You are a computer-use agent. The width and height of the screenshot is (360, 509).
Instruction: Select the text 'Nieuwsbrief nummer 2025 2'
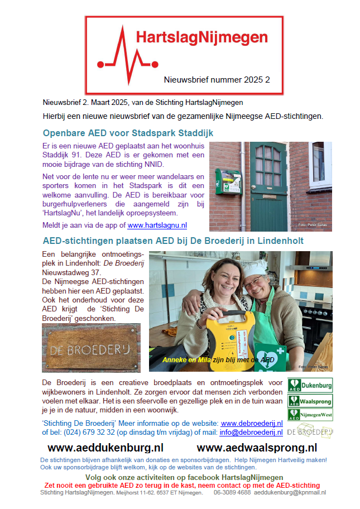[x=217, y=80]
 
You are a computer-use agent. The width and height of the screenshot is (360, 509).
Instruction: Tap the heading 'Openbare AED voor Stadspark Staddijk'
[x=128, y=133]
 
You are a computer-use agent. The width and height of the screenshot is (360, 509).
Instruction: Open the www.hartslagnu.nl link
[x=157, y=225]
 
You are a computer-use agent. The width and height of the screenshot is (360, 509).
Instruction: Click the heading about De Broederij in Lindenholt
[x=173, y=241]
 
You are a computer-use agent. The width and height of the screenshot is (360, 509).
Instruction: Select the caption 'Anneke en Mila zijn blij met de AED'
[x=218, y=360]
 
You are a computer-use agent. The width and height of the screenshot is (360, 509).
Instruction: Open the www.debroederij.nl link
[x=252, y=424]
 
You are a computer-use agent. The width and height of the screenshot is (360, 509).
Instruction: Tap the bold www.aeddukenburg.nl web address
[x=105, y=448]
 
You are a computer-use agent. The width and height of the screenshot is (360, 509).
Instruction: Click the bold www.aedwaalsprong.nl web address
[x=257, y=448]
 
